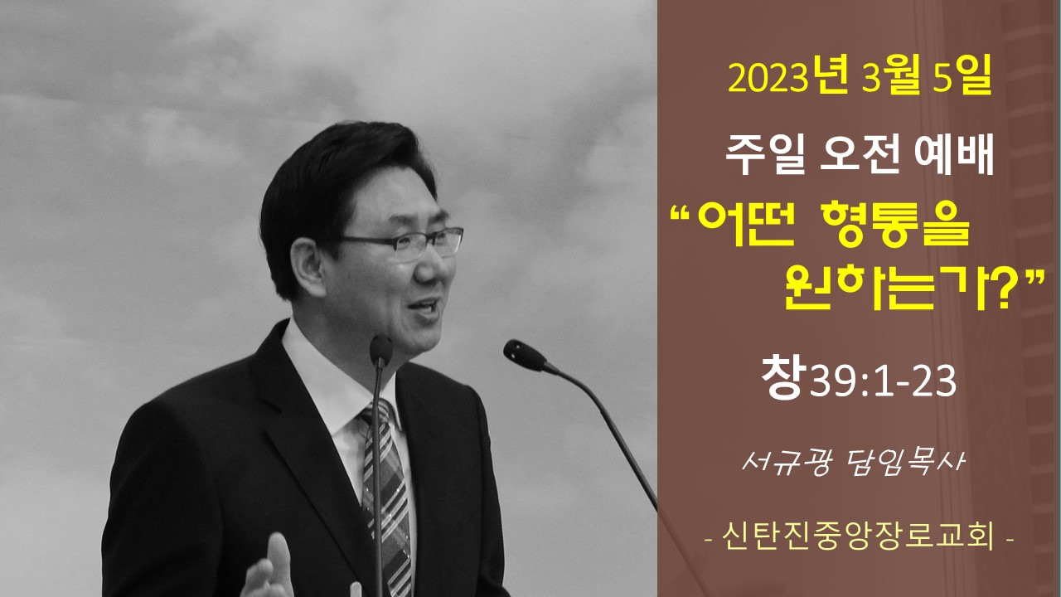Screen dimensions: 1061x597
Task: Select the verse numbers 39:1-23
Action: (x=883, y=381)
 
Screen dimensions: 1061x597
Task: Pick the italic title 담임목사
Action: (x=905, y=462)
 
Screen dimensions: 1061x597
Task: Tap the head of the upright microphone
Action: (x=380, y=350)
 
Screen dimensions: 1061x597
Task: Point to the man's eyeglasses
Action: (x=403, y=244)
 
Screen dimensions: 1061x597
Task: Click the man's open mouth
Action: (x=424, y=307)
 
